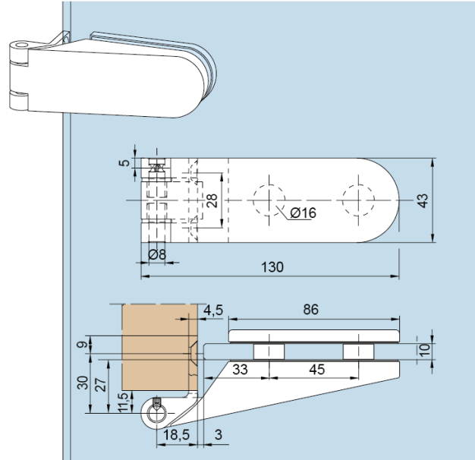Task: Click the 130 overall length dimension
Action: click(272, 267)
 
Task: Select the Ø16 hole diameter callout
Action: click(302, 213)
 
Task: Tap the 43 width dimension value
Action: click(423, 200)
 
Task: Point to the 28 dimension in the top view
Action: click(212, 200)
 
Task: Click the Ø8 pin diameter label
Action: click(157, 254)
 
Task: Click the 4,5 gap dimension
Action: click(213, 310)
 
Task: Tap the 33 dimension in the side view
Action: click(240, 370)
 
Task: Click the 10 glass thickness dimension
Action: click(424, 349)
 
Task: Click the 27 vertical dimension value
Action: click(100, 384)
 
